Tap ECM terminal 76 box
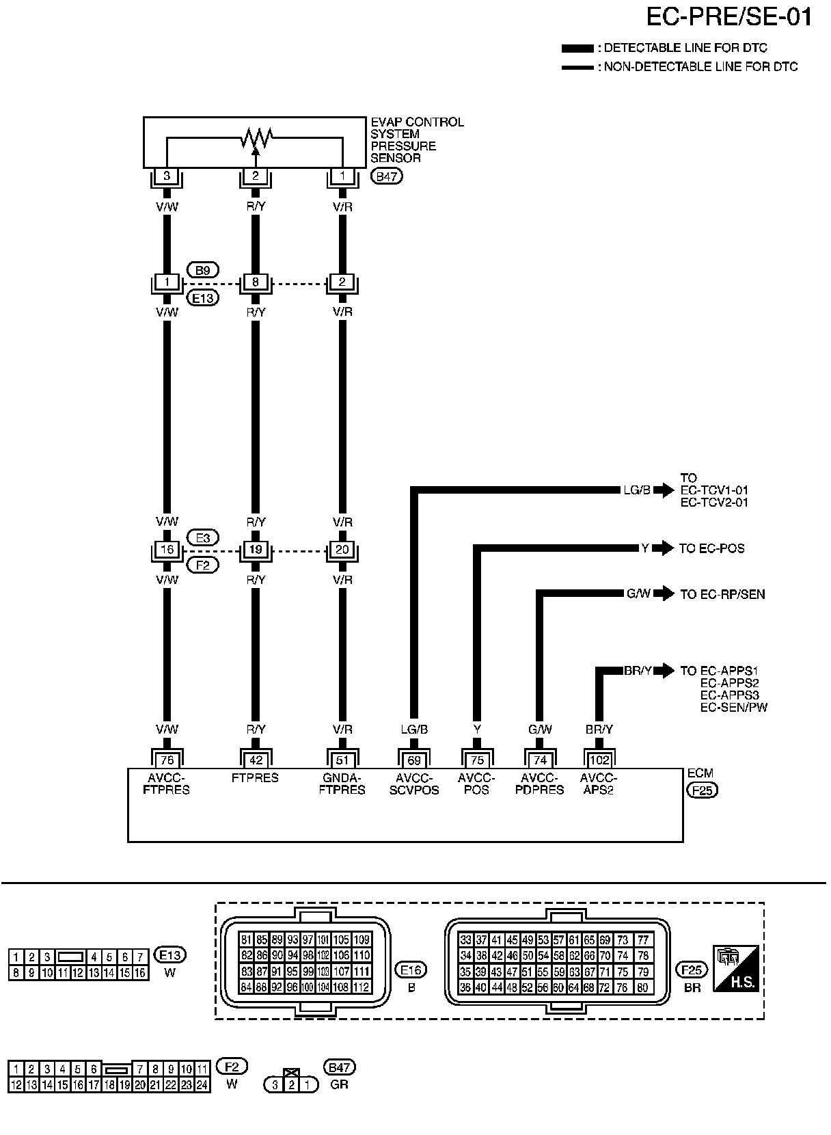(x=167, y=760)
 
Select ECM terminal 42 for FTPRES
(x=256, y=760)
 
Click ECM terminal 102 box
(x=599, y=760)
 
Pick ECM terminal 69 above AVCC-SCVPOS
(x=413, y=760)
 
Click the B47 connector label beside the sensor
(x=386, y=176)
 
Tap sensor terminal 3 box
(x=167, y=176)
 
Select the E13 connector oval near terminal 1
(x=202, y=298)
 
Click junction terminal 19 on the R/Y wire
(x=256, y=550)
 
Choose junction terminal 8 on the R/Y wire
(x=256, y=282)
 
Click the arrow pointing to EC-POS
(x=663, y=548)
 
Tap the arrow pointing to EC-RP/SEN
(x=663, y=593)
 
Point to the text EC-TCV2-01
(x=714, y=503)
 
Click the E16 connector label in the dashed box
(x=411, y=969)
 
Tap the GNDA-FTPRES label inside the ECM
(x=342, y=784)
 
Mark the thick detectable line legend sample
(x=577, y=49)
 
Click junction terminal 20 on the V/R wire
(x=342, y=550)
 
